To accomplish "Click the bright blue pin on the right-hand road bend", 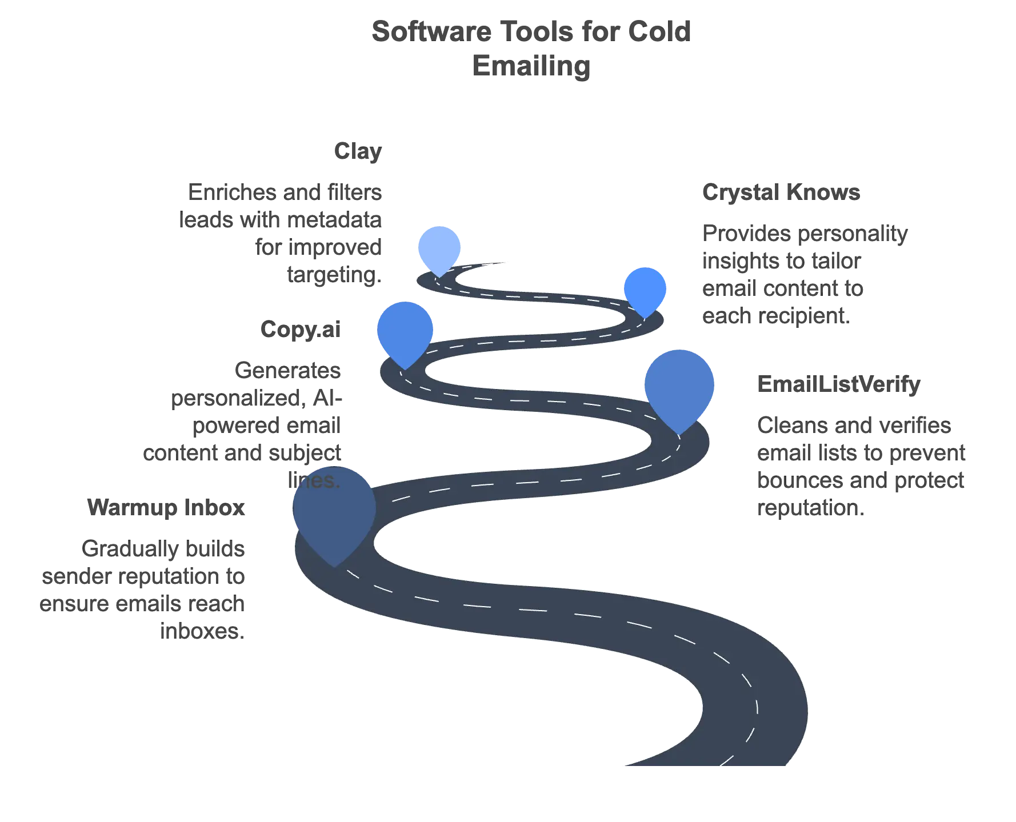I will (x=645, y=289).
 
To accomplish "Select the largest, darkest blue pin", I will (x=334, y=512).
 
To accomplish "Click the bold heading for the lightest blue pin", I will (x=358, y=153).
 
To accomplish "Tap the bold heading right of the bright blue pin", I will (x=782, y=193).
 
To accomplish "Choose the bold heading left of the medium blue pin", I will (x=301, y=330).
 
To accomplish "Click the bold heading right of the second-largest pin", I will (x=838, y=384).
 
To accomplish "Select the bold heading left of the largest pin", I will (x=167, y=508).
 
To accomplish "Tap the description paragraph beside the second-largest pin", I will (x=861, y=467).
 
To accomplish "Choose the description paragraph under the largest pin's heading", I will (x=143, y=590).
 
